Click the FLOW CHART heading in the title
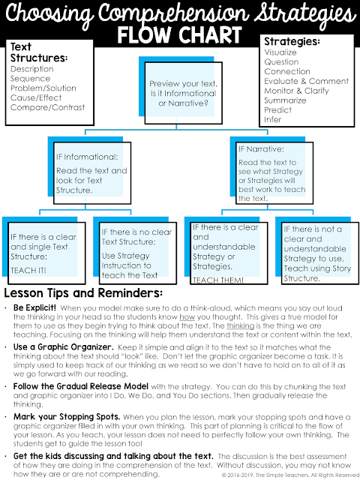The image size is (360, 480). [180, 35]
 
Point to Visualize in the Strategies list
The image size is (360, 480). [280, 53]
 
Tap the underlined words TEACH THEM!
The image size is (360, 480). [217, 280]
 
